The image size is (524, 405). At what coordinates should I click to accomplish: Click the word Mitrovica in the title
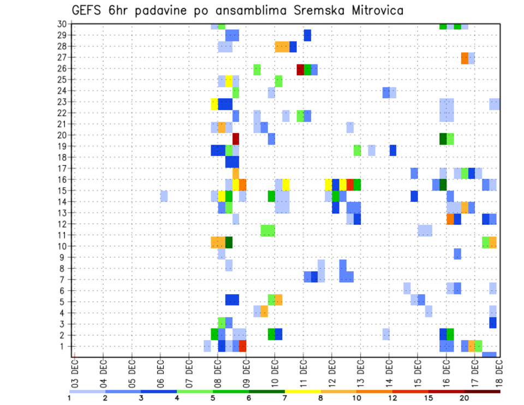[367, 10]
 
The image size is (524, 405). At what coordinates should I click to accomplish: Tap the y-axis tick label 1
[64, 346]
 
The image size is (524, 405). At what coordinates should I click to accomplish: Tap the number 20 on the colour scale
[464, 397]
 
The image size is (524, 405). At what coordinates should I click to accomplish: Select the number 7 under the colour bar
[284, 397]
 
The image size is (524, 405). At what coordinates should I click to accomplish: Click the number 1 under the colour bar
[69, 397]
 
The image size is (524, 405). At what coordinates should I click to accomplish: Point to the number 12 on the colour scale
[392, 397]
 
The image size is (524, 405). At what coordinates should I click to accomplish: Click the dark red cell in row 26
[300, 69]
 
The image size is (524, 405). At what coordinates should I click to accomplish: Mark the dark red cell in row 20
[236, 139]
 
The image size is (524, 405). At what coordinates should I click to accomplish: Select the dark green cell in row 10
[229, 242]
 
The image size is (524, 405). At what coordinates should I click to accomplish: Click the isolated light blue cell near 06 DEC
[164, 196]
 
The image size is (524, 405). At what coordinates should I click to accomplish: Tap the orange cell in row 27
[465, 58]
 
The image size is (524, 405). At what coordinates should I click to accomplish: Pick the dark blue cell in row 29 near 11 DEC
[307, 35]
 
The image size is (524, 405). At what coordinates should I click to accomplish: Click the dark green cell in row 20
[443, 139]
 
